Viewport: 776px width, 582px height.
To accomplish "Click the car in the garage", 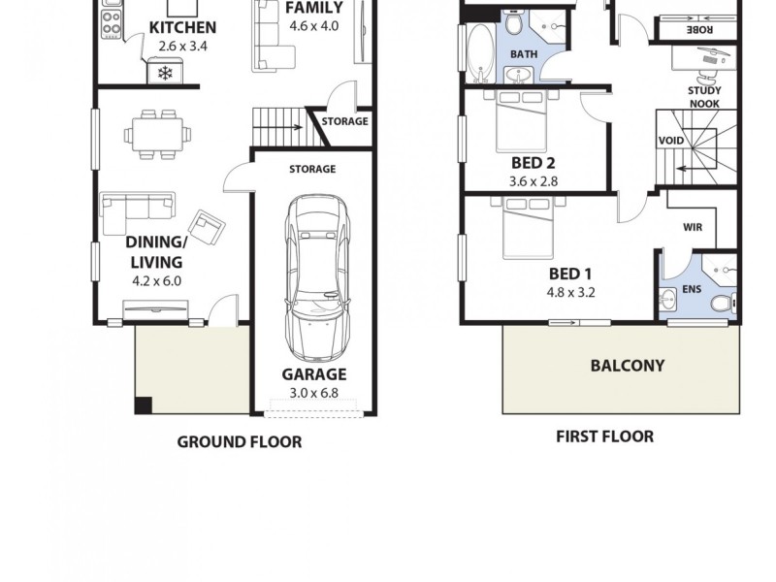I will tap(315, 275).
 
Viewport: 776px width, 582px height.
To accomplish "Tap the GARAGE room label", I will tap(313, 374).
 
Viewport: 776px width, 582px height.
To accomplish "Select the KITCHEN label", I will tap(182, 27).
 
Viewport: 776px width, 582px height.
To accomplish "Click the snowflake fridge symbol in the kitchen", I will tap(164, 73).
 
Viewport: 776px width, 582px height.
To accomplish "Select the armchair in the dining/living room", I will tap(206, 226).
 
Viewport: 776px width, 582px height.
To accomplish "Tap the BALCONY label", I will tap(628, 366).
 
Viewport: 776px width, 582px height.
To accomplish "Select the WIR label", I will tap(693, 228).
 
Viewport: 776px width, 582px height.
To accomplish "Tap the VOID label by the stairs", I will tap(670, 142).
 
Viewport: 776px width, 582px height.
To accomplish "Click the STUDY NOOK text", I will tap(704, 97).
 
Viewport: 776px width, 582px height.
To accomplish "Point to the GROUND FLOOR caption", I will tap(239, 442).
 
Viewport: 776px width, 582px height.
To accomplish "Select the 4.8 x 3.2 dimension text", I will tap(571, 290).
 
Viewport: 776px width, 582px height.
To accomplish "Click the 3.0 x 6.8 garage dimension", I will tap(313, 393).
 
